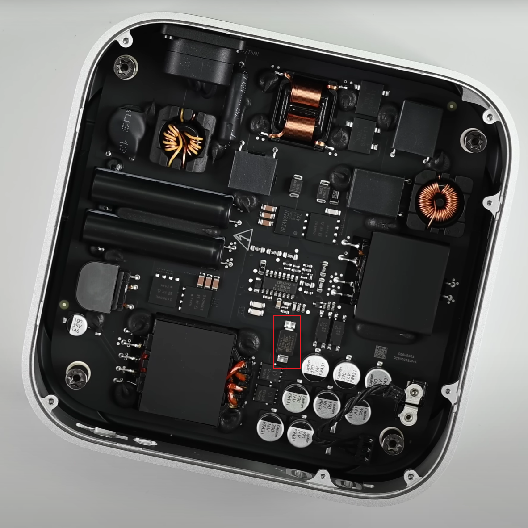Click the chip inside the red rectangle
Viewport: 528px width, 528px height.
click(286, 342)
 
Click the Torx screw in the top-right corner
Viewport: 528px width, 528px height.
click(473, 141)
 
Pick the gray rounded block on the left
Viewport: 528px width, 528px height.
click(98, 287)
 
